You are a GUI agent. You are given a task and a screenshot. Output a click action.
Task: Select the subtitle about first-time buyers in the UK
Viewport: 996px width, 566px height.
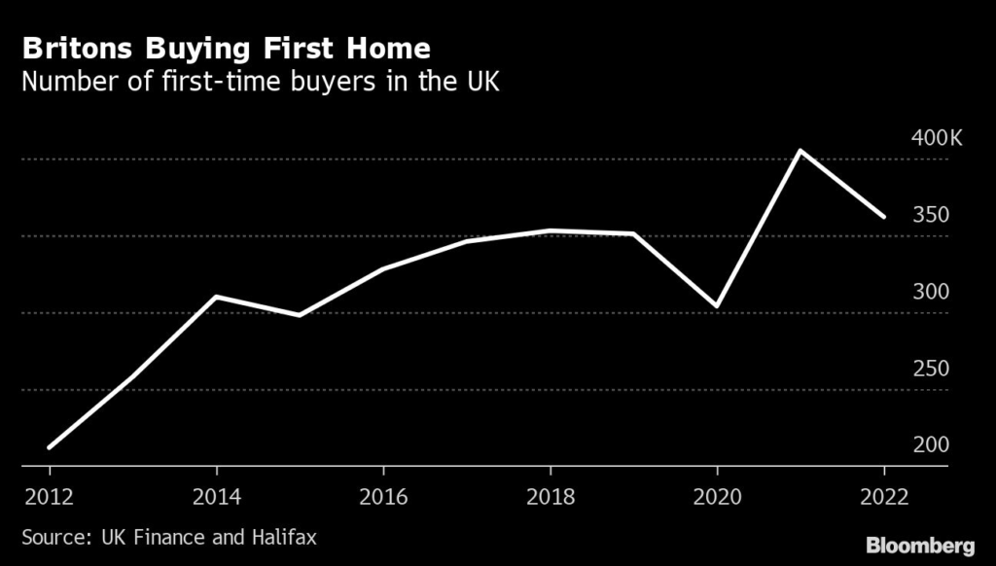[x=261, y=81]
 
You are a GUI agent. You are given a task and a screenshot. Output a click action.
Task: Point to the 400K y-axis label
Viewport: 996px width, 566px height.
[x=935, y=138]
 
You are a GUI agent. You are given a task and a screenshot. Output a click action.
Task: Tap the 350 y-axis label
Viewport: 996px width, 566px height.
[x=931, y=215]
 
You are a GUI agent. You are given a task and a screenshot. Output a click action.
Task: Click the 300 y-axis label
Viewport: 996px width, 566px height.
[x=931, y=292]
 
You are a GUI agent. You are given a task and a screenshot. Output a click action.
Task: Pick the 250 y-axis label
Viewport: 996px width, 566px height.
[x=931, y=369]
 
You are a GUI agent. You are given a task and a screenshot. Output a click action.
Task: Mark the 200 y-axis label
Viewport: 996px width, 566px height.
[x=931, y=445]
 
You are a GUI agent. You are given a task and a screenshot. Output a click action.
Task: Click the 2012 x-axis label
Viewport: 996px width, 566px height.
[x=50, y=495]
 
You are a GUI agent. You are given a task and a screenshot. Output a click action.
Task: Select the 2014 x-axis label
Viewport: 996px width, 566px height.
[x=216, y=495]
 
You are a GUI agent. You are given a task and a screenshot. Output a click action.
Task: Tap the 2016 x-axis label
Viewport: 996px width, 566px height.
[x=383, y=495]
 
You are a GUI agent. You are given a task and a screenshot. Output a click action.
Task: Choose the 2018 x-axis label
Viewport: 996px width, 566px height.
[x=550, y=495]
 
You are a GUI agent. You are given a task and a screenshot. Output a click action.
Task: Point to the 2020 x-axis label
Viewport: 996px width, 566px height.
[x=717, y=495]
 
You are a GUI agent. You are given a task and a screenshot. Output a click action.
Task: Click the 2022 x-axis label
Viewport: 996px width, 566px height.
[x=883, y=495]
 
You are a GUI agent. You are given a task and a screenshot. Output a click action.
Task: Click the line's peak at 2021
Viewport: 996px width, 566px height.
[x=800, y=151]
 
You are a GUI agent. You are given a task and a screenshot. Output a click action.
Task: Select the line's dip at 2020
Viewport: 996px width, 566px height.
[x=717, y=306]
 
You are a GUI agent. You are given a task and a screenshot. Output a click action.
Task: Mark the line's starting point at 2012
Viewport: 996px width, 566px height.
[x=50, y=447]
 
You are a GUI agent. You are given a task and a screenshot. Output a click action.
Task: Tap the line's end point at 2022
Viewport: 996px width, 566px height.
[x=883, y=217]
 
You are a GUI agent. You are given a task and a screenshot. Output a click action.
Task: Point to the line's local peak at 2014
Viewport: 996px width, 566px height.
[x=216, y=297]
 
